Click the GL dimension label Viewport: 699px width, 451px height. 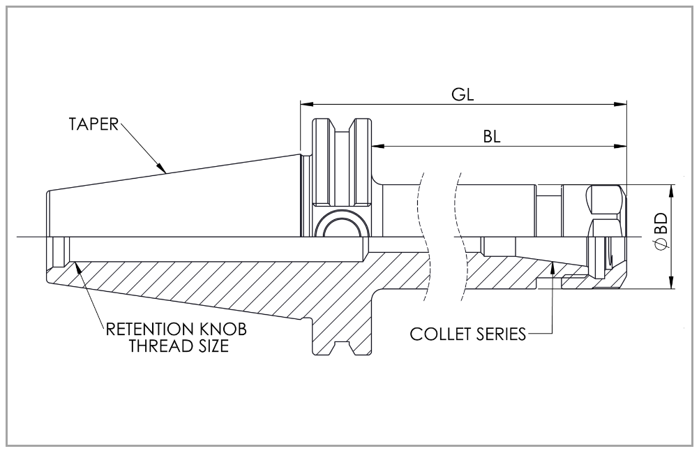[463, 94]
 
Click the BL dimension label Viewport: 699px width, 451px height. [492, 137]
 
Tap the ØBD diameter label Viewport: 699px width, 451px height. [661, 230]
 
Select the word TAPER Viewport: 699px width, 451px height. [93, 124]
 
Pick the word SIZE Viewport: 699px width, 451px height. [208, 346]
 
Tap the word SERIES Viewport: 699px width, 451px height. [497, 334]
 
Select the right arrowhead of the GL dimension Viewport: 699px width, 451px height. [620, 105]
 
